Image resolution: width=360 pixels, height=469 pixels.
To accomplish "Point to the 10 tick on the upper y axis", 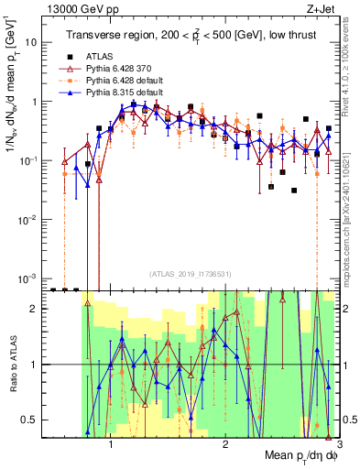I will (x=34, y=42).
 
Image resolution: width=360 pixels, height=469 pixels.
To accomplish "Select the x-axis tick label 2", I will (x=225, y=443).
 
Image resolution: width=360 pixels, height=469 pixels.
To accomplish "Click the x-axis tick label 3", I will (x=339, y=443).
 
